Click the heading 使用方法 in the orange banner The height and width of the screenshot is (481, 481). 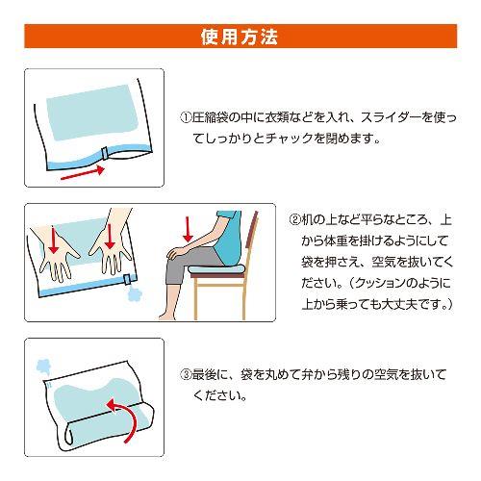click(240, 37)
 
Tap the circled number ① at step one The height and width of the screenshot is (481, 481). click(186, 117)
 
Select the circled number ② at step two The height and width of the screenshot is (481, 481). click(295, 220)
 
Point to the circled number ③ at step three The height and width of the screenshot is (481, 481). click(186, 374)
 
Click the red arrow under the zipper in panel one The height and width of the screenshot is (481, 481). click(83, 172)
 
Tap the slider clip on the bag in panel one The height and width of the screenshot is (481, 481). click(105, 153)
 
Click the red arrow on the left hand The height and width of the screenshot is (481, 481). click(54, 239)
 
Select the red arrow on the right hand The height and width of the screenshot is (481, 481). click(110, 237)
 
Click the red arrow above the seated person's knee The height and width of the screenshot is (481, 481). click(188, 230)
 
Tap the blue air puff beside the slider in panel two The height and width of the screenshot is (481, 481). click(135, 294)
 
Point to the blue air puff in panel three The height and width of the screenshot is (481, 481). click(43, 367)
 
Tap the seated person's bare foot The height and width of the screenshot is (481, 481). click(167, 314)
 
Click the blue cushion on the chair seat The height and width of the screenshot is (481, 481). click(215, 269)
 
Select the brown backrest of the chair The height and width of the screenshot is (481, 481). click(251, 230)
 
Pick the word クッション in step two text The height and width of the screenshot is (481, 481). click(382, 283)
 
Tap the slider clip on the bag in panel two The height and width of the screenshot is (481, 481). click(127, 279)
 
